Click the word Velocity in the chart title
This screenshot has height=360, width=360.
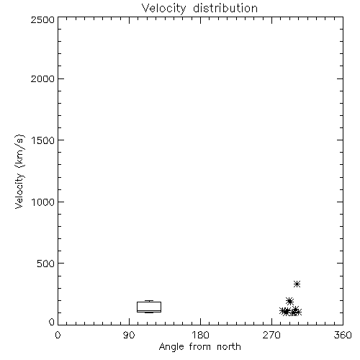pos(163,9)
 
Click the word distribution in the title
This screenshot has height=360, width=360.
pos(225,8)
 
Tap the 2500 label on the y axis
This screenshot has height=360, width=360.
pos(42,20)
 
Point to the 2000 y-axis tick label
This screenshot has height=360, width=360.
pos(42,78)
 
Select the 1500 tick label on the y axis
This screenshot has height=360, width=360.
pos(43,140)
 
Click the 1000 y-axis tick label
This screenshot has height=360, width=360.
pos(43,202)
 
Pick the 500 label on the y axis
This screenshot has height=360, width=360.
pos(46,264)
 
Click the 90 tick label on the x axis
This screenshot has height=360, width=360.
pos(129,335)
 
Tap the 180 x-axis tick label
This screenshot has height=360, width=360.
pos(200,335)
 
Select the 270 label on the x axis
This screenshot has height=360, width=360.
pos(271,335)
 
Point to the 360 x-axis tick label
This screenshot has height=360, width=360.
pos(343,335)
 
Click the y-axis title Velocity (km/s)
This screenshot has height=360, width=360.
pos(19,171)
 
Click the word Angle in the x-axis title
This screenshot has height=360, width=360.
pos(171,347)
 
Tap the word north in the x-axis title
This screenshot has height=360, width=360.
pos(229,346)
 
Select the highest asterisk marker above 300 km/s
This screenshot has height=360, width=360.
pos(297,284)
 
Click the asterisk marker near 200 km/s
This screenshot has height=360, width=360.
pos(289,301)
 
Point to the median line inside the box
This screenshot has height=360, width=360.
pos(149,310)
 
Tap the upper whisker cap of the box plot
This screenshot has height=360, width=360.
pos(149,300)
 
